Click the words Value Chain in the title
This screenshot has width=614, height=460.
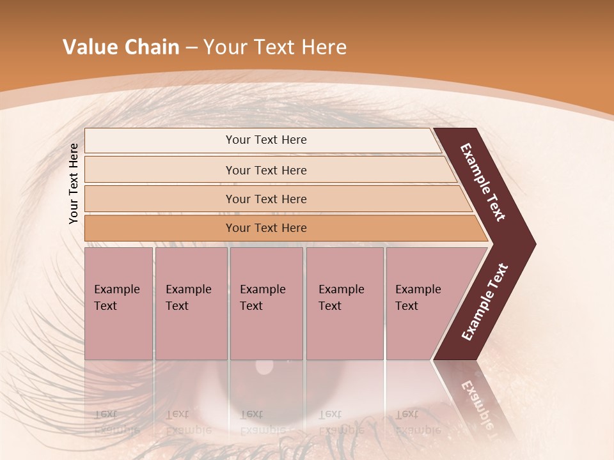click(x=121, y=47)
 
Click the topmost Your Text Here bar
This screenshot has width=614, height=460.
click(x=265, y=140)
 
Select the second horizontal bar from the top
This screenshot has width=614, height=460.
click(x=265, y=170)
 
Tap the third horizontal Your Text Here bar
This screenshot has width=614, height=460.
click(x=265, y=199)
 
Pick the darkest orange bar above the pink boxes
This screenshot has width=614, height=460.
click(x=265, y=228)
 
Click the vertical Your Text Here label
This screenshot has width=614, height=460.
click(x=74, y=183)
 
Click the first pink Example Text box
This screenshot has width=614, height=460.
click(x=118, y=303)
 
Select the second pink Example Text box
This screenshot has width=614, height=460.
click(x=191, y=303)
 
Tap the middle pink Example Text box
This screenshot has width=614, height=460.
click(x=266, y=303)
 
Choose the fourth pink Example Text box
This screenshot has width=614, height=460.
click(x=344, y=303)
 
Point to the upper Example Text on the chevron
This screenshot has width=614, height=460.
click(x=484, y=182)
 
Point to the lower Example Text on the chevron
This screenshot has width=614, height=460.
click(x=485, y=302)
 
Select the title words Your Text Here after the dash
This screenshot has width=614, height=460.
click(x=275, y=47)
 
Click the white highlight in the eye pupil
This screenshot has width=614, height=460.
click(x=264, y=367)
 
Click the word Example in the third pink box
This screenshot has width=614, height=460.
click(x=262, y=289)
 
